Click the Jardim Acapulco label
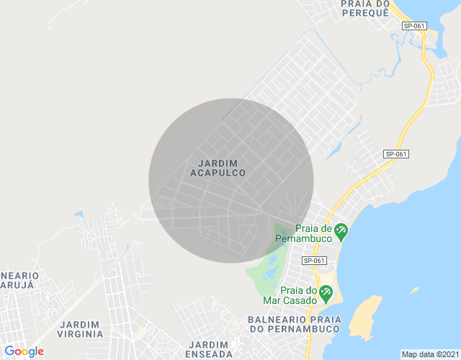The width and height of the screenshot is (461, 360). [x=218, y=168]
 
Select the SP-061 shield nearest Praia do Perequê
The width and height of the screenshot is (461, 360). [x=414, y=26]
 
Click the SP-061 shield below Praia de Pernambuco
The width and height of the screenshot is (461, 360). [x=314, y=261]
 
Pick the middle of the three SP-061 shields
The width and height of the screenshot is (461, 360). [x=396, y=154]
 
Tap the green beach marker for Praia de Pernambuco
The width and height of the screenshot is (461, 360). [x=341, y=231]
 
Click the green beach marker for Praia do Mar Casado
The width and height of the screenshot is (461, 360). [x=326, y=292]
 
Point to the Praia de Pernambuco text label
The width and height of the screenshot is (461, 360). [x=307, y=233]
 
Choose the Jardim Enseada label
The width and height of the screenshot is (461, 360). [x=207, y=349]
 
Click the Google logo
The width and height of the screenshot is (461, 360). [x=24, y=351]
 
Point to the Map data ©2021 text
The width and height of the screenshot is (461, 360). [x=429, y=354]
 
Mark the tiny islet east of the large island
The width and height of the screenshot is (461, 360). [x=414, y=290]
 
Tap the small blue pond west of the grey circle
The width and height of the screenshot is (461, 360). [x=78, y=214]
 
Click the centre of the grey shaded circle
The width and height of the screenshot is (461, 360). [x=231, y=180]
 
